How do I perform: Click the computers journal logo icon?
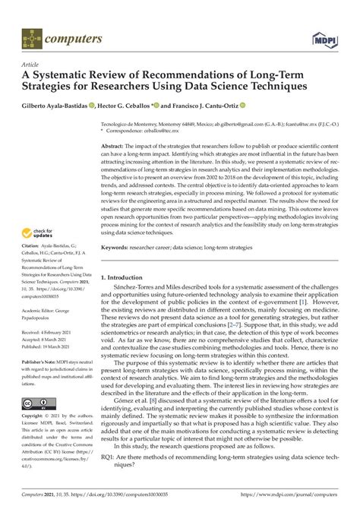(x=30, y=36)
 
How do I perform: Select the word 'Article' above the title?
(x=30, y=64)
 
